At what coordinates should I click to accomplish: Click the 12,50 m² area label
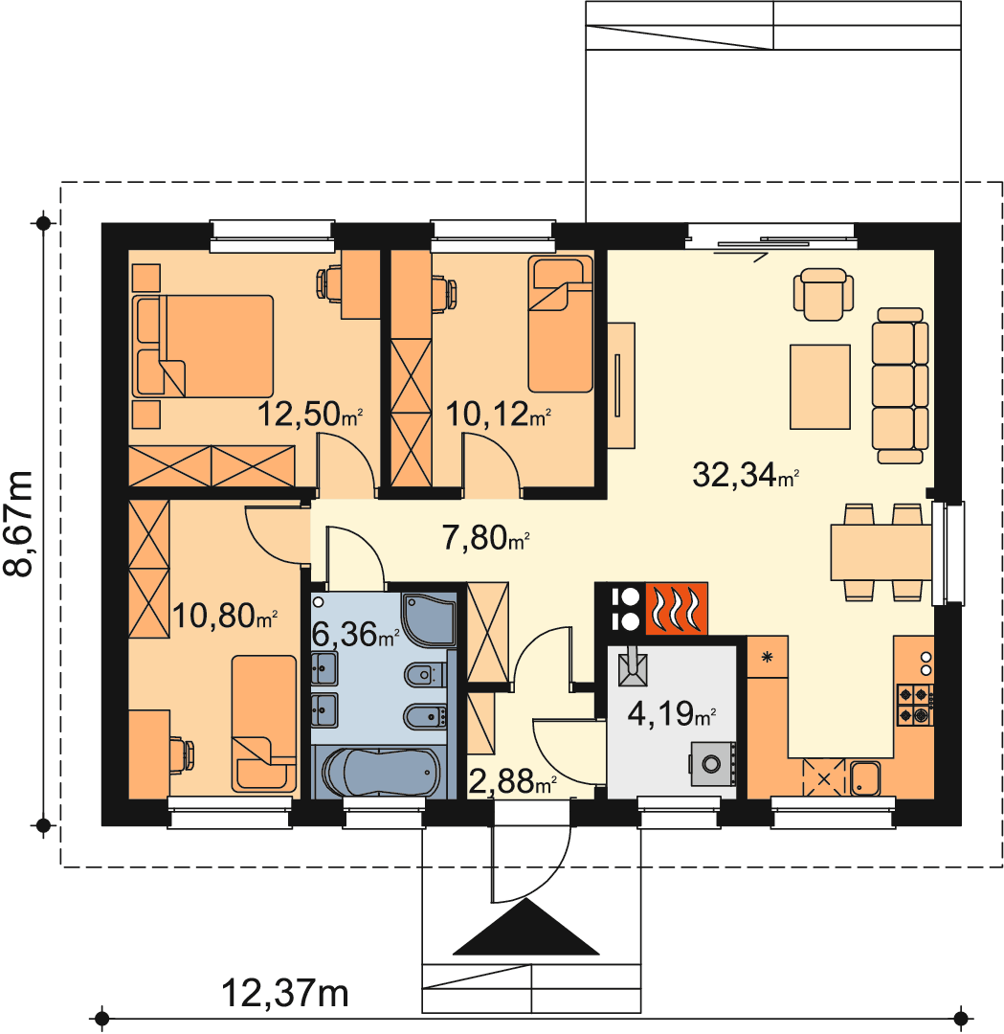(309, 415)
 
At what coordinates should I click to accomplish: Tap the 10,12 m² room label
(498, 415)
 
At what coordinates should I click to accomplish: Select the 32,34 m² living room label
(746, 474)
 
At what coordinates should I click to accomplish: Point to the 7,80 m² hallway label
(486, 537)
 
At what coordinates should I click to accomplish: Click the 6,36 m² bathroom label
(355, 635)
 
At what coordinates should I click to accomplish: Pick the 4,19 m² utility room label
(672, 713)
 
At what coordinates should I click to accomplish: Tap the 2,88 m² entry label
(512, 781)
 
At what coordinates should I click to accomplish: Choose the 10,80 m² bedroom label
(225, 616)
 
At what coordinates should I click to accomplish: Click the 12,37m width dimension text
(285, 993)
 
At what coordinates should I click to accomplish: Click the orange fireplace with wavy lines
(676, 609)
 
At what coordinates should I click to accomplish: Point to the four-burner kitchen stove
(915, 705)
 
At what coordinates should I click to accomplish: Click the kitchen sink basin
(865, 778)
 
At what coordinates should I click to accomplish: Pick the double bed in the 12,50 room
(203, 347)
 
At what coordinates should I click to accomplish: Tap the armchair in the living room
(823, 294)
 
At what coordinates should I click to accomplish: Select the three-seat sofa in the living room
(900, 385)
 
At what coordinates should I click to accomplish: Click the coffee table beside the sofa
(820, 387)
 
